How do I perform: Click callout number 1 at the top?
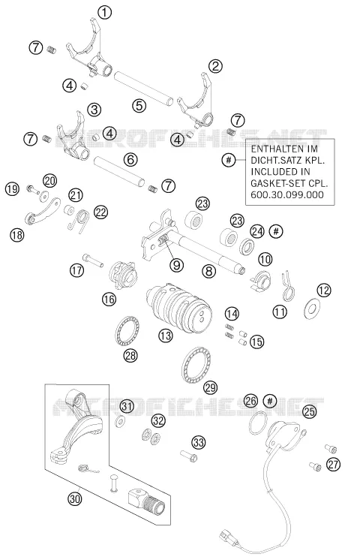point(104,13)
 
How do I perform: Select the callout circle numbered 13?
point(166,335)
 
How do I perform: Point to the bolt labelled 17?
point(92,260)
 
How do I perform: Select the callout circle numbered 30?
point(74,498)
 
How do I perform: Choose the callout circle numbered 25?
point(309,411)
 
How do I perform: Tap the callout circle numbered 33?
point(199,442)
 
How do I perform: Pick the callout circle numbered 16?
point(109,299)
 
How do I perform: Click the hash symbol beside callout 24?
point(276,231)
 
